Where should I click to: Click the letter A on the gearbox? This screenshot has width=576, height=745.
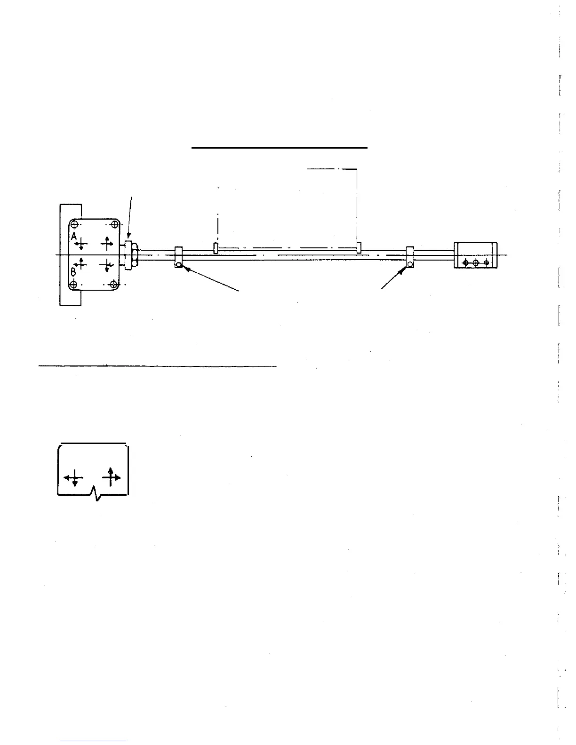click(x=74, y=238)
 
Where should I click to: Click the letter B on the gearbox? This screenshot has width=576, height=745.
click(x=73, y=271)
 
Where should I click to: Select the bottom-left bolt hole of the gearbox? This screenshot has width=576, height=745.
click(x=73, y=285)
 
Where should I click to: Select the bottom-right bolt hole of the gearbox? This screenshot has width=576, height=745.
click(x=113, y=284)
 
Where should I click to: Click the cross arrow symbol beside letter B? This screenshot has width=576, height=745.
click(x=82, y=263)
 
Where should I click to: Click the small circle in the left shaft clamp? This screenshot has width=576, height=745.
click(x=179, y=265)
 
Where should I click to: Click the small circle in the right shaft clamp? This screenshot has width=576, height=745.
click(x=410, y=264)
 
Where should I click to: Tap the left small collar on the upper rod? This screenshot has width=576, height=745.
click(x=216, y=248)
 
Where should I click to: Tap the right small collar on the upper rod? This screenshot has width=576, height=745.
click(x=359, y=247)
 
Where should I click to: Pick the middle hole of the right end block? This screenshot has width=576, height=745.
click(x=475, y=262)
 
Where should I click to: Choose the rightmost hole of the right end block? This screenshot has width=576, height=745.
click(x=486, y=262)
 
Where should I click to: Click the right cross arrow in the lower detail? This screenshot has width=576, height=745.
click(x=111, y=477)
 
